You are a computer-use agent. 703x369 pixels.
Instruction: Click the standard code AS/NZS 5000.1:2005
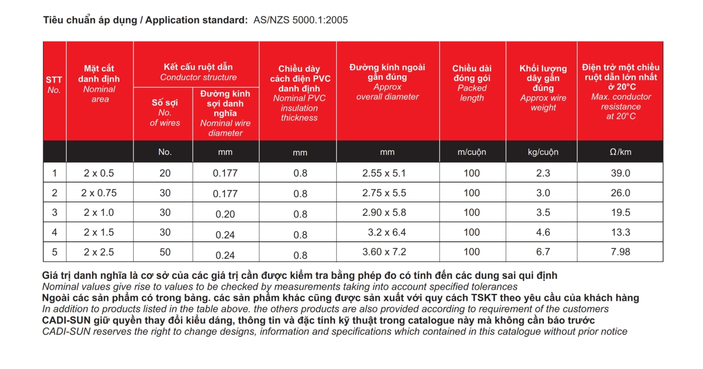300,20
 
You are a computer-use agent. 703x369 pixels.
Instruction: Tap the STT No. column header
54,85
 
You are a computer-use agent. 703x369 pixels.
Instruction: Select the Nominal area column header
99,84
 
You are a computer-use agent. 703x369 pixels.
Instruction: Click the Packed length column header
472,83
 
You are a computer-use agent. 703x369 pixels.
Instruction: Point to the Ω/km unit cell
620,152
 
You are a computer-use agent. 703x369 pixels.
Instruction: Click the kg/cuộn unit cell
543,152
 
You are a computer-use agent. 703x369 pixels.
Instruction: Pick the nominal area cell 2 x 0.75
99,193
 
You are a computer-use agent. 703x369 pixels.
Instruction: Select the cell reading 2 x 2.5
99,252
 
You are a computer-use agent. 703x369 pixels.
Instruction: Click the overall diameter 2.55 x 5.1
387,173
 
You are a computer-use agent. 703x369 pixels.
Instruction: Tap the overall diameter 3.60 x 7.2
387,252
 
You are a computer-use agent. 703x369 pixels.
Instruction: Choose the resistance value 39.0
621,173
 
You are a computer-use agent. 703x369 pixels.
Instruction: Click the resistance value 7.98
621,252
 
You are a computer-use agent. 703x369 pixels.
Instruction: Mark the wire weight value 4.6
543,232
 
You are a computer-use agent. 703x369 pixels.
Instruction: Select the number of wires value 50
165,252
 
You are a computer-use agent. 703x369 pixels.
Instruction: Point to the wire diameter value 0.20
225,214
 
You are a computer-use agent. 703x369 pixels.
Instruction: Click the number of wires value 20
165,173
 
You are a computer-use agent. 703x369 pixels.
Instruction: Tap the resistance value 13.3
621,232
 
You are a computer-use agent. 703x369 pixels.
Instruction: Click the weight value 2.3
543,173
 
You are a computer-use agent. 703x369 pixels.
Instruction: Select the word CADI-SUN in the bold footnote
62,321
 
